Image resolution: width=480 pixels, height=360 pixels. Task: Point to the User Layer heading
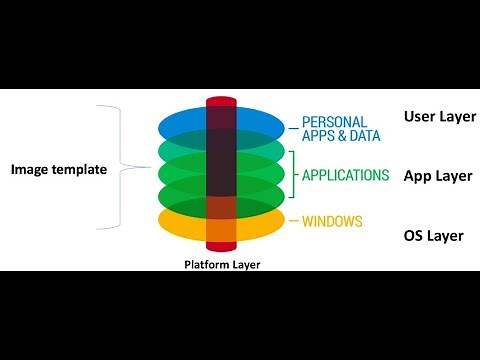pyautogui.click(x=439, y=116)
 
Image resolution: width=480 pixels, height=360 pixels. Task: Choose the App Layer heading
pyautogui.click(x=438, y=175)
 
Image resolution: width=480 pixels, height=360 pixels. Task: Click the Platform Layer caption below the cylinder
pyautogui.click(x=221, y=265)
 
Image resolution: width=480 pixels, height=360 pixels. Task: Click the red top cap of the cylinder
pyautogui.click(x=221, y=102)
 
